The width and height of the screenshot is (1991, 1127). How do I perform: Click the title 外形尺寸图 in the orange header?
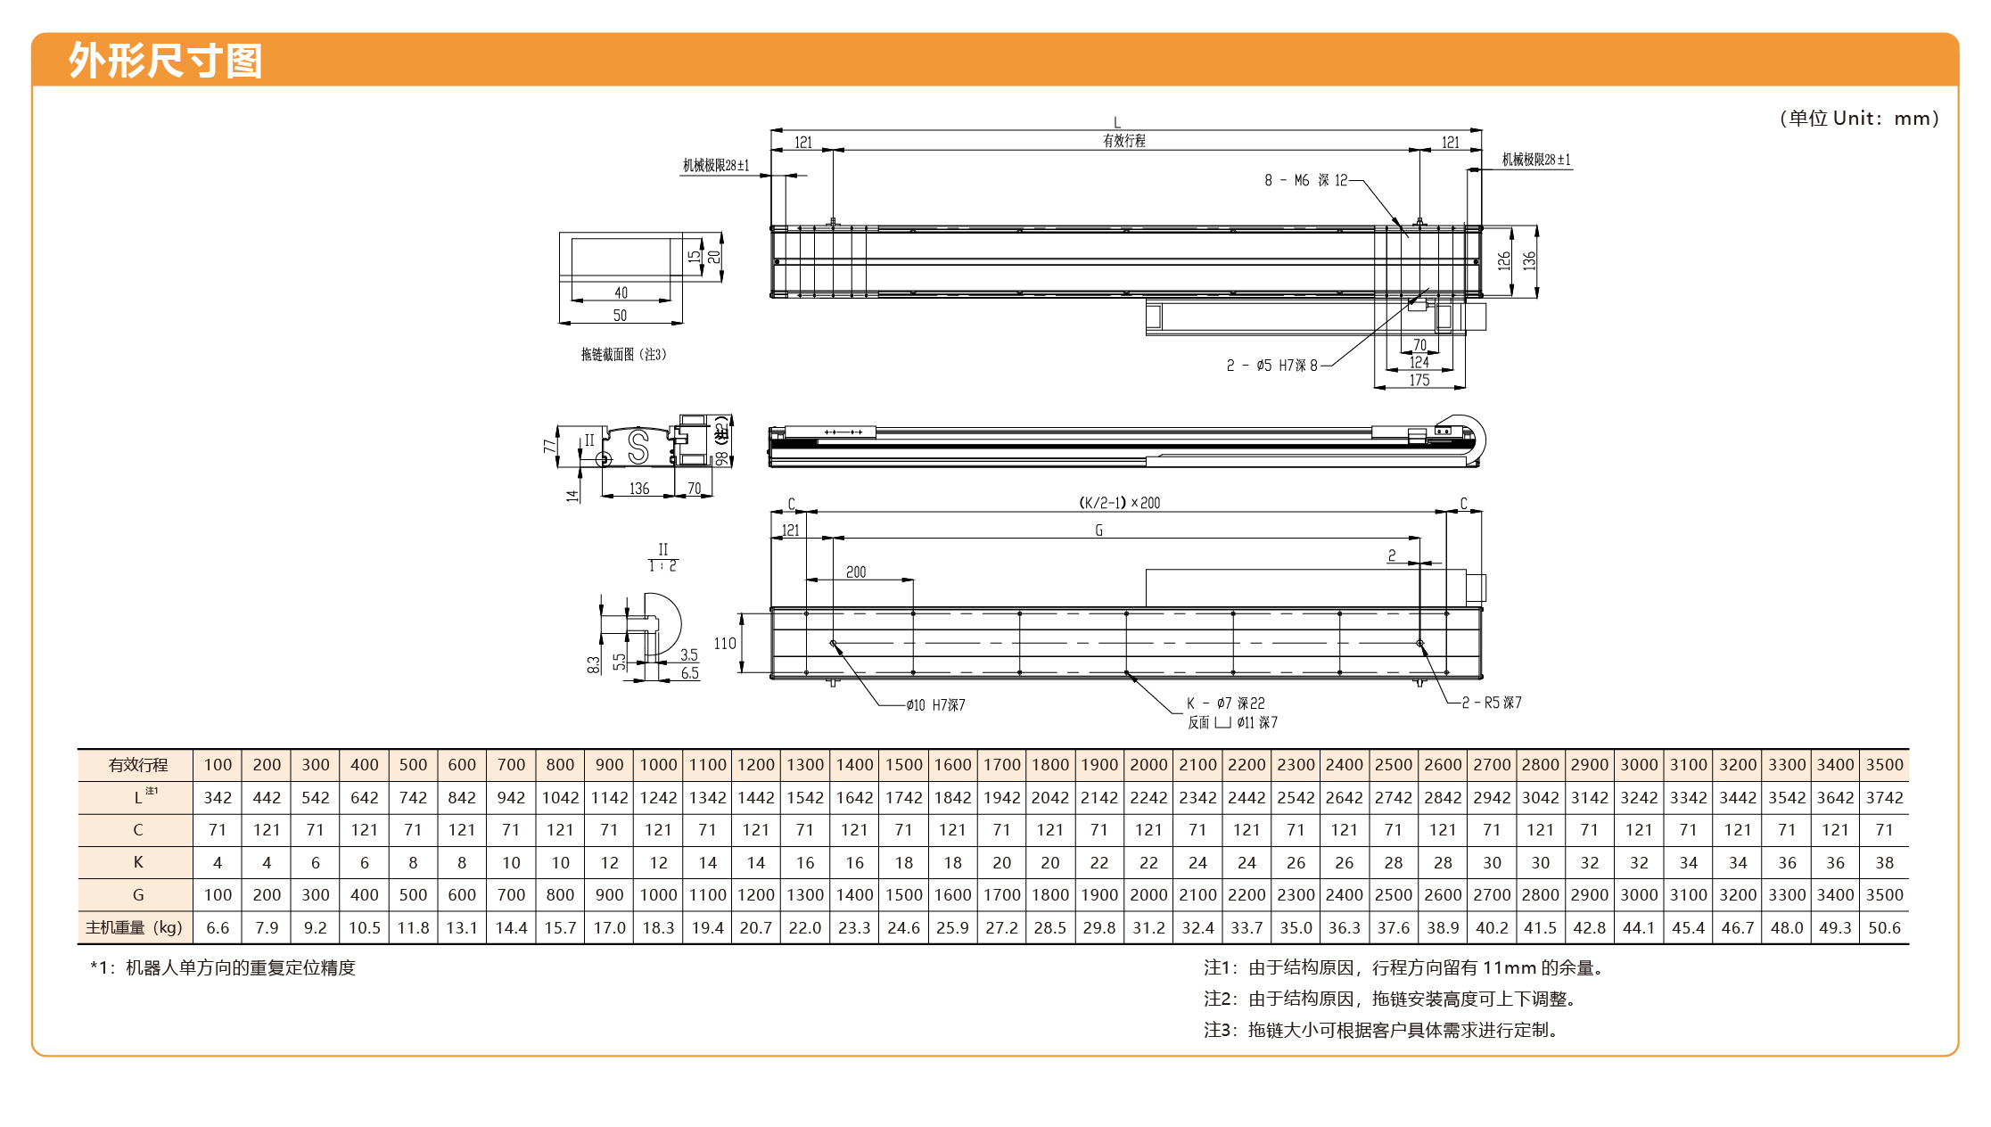click(166, 61)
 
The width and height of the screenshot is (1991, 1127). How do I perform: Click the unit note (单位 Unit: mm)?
click(1858, 119)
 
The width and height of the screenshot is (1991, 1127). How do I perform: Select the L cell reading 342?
click(218, 798)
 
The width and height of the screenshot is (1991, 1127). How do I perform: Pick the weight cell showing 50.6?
click(1884, 928)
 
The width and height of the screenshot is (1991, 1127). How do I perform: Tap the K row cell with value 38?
click(1884, 863)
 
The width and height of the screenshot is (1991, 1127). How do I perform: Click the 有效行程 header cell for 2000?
click(1148, 765)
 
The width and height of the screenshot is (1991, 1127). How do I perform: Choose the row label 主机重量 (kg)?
click(134, 928)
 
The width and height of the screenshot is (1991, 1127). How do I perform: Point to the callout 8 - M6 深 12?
click(1306, 181)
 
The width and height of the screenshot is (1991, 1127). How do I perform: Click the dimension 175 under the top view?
click(1419, 381)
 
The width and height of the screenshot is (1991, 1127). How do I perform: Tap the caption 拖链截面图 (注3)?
click(624, 355)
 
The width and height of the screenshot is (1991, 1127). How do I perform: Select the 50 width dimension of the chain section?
click(620, 316)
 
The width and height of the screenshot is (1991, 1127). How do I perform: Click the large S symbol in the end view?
click(638, 447)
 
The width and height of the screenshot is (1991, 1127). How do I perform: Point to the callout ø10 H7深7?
click(935, 705)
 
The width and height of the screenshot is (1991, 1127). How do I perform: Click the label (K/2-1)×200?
click(1120, 503)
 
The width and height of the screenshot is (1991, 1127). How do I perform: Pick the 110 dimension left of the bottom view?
click(725, 644)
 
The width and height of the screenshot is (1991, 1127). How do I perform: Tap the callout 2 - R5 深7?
click(1492, 703)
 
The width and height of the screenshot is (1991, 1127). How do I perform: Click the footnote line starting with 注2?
click(1390, 999)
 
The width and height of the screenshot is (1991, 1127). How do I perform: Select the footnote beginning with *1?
click(223, 968)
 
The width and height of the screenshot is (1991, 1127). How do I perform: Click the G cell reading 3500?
click(1884, 895)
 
